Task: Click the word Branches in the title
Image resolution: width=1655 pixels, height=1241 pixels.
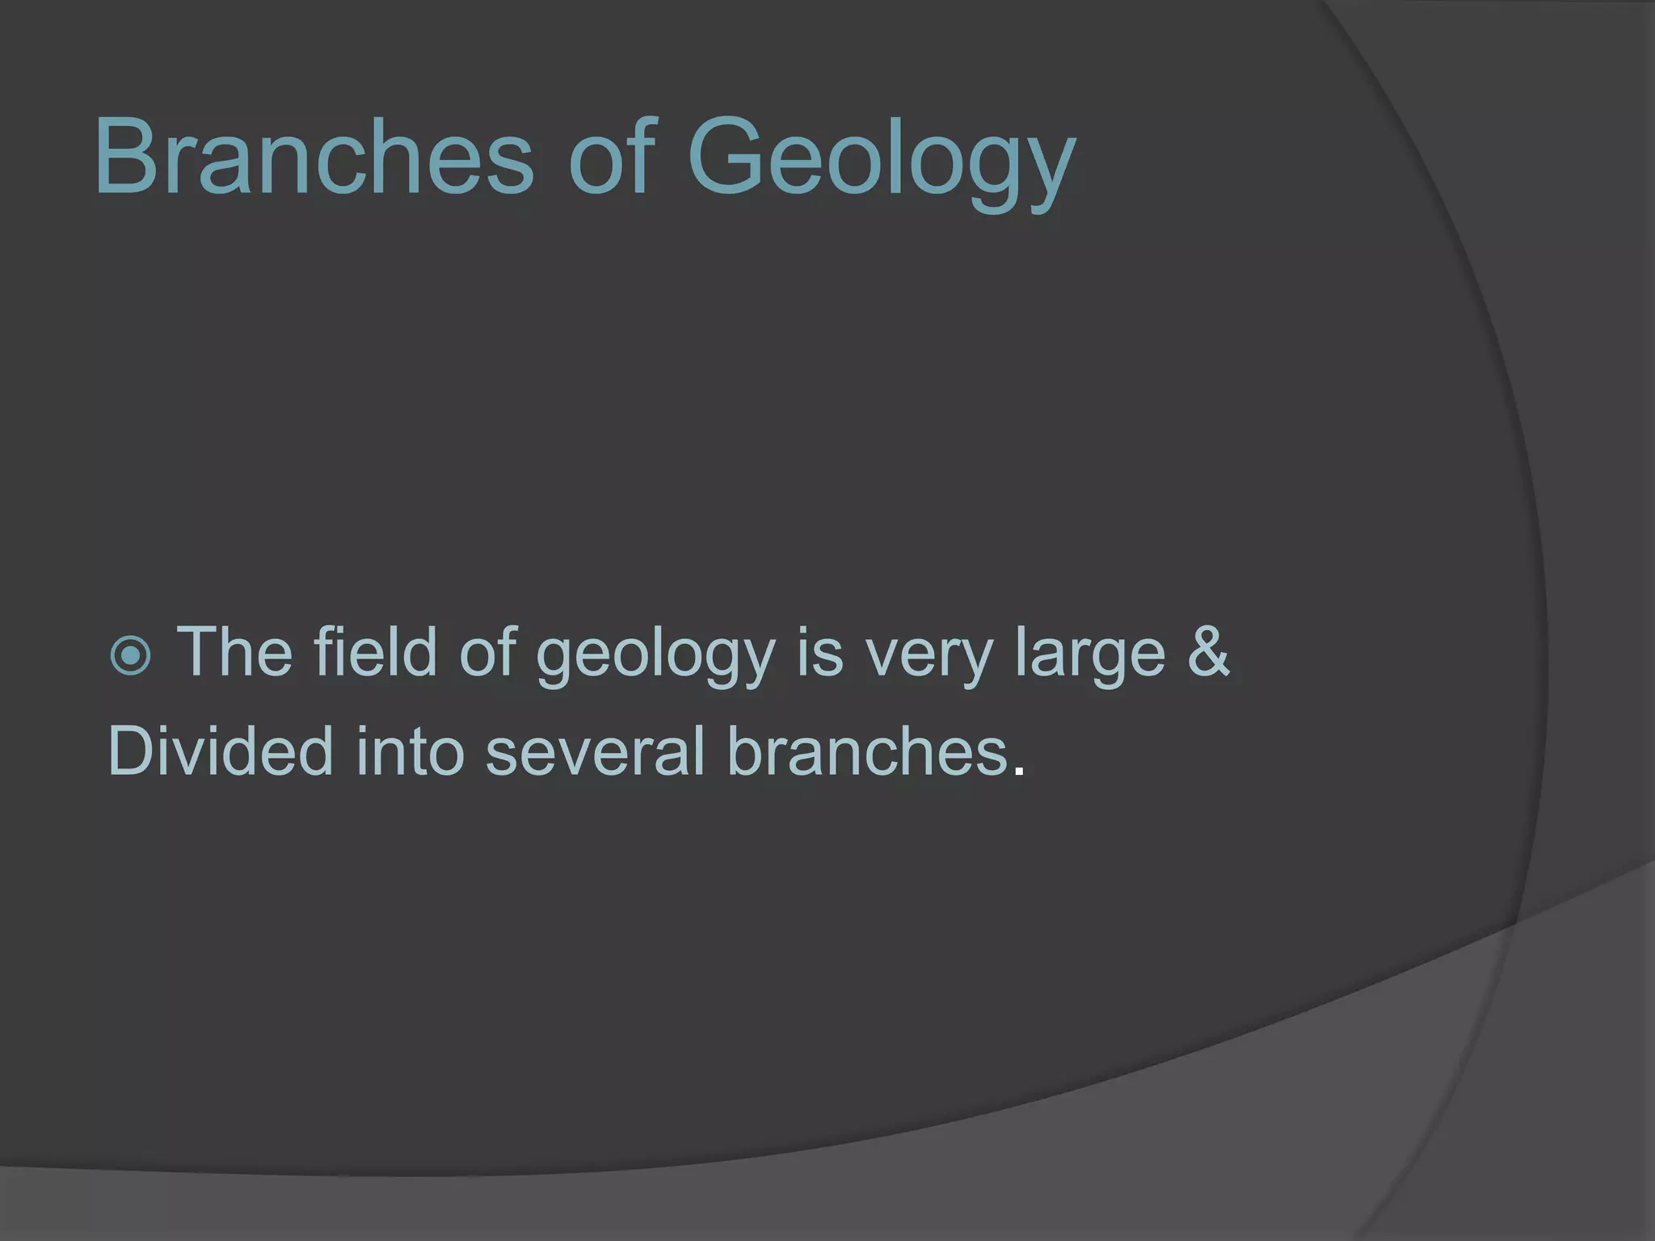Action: pos(314,155)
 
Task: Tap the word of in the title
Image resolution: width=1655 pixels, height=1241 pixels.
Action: pos(610,155)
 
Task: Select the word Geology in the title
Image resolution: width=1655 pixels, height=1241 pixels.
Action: pos(881,162)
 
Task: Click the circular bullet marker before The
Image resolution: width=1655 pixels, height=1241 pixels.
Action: pos(129,656)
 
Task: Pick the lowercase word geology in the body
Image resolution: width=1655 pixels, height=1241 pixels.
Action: pos(655,658)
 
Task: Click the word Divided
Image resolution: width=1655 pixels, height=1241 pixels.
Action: pos(220,751)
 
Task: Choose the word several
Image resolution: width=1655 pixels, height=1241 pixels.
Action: pos(596,751)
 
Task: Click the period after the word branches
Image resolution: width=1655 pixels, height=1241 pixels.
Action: pos(1018,771)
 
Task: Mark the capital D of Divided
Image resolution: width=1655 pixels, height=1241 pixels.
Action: pos(132,751)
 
